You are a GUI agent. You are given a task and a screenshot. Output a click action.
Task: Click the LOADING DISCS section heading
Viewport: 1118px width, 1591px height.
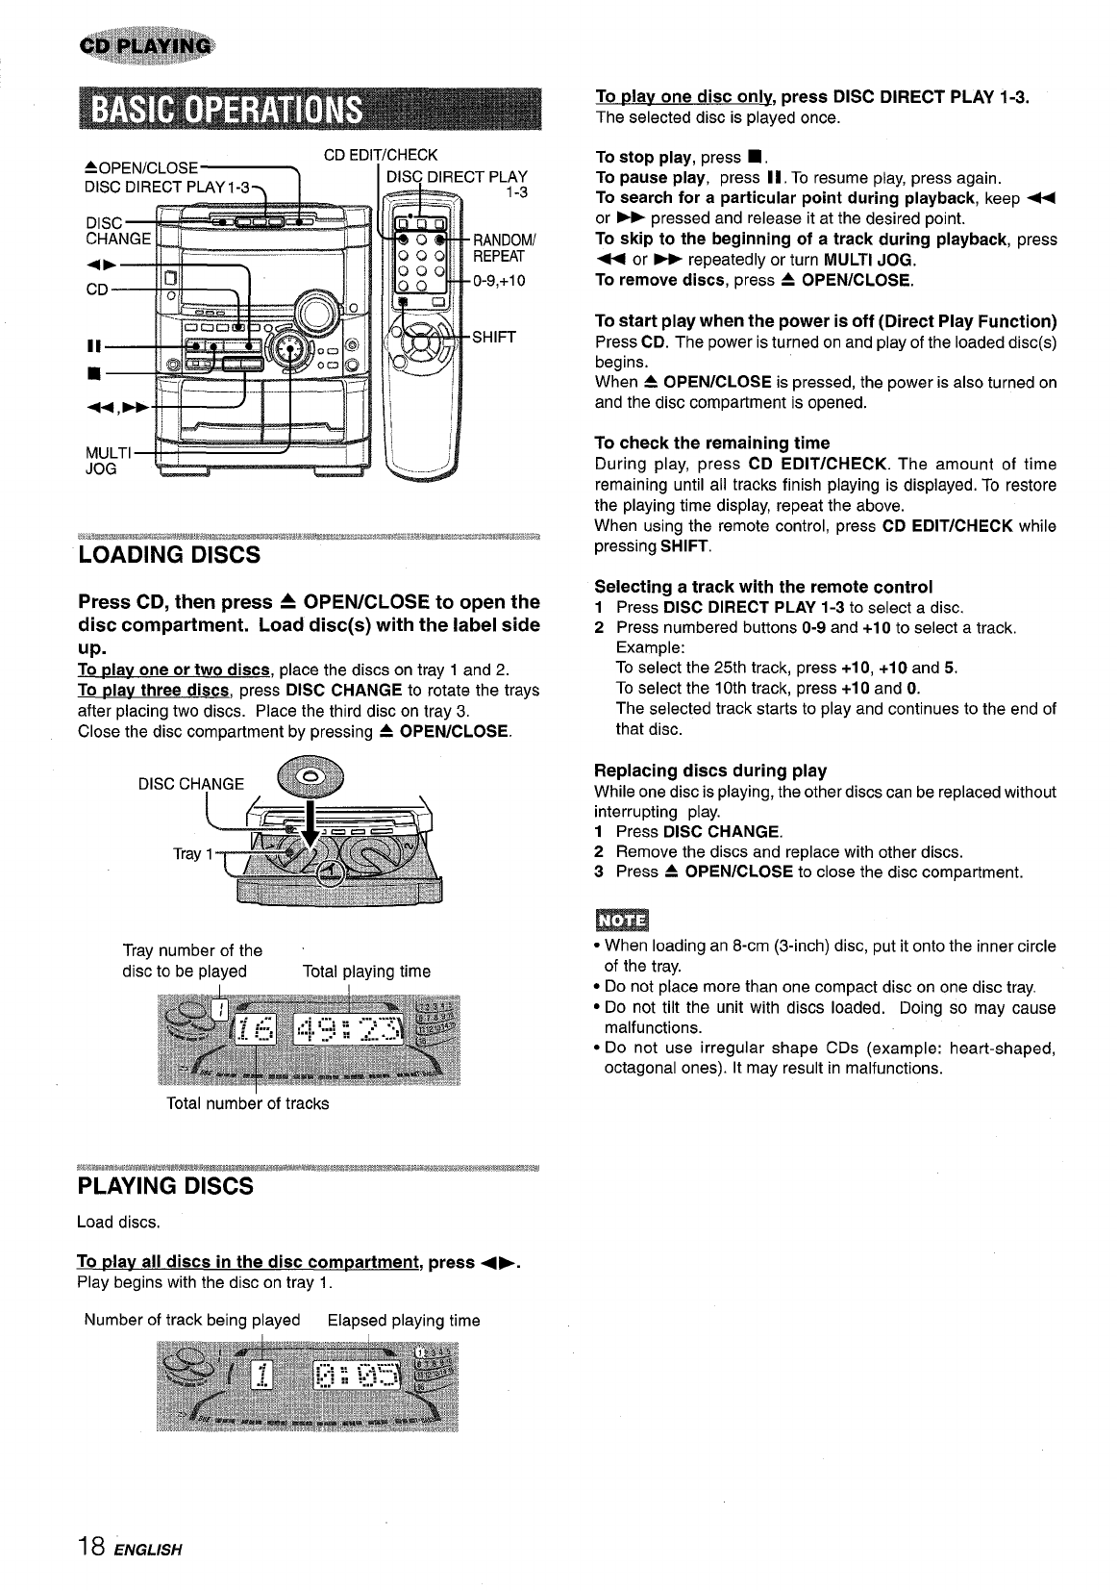168,555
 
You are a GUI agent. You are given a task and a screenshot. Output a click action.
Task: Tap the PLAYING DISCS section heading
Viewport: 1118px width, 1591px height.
164,1186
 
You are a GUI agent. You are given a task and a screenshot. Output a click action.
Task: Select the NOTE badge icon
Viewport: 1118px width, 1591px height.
622,920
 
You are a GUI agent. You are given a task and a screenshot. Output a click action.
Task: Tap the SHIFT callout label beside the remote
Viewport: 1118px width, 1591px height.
494,337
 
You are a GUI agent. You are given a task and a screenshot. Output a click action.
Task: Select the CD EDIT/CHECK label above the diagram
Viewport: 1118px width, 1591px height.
381,155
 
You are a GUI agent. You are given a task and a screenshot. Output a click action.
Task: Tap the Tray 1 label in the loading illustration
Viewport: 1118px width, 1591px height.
186,853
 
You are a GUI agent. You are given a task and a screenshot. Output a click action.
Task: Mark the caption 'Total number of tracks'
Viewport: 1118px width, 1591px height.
248,1103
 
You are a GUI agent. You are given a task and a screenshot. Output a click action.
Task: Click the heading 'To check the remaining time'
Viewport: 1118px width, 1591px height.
711,442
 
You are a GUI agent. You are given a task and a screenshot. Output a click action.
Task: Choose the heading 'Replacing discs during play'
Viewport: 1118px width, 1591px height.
710,770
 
